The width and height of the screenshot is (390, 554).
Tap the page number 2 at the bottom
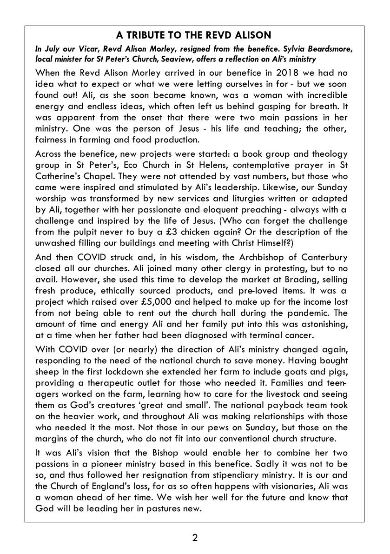pyautogui.click(x=195, y=538)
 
